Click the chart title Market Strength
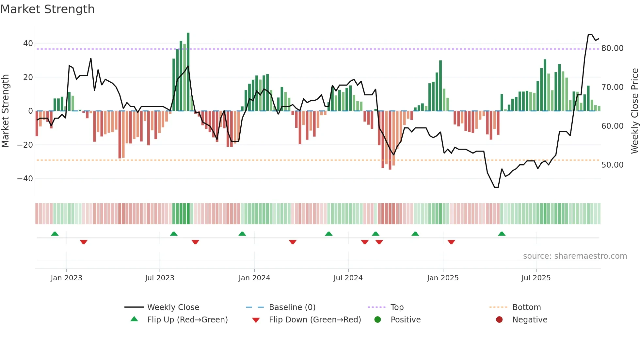(48, 9)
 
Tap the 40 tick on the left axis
(28, 43)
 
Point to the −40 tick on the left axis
(25, 179)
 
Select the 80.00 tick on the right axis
(612, 48)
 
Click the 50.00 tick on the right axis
(612, 165)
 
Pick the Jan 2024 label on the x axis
(254, 278)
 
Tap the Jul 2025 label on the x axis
(536, 278)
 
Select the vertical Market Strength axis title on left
(6, 111)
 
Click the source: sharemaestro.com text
(575, 256)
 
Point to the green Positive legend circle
(378, 320)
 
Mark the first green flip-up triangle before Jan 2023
(55, 234)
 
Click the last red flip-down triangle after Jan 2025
(451, 242)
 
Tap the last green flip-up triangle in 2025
(502, 234)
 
